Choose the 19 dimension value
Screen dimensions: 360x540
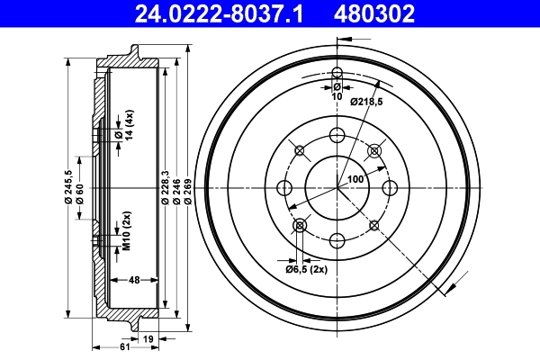point(149,337)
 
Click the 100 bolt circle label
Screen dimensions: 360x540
point(355,179)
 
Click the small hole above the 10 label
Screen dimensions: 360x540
point(337,73)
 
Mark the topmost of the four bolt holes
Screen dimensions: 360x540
point(337,135)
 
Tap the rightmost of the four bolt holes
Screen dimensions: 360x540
point(390,187)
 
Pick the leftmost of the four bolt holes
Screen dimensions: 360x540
point(285,187)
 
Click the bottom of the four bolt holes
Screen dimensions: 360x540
point(337,239)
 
